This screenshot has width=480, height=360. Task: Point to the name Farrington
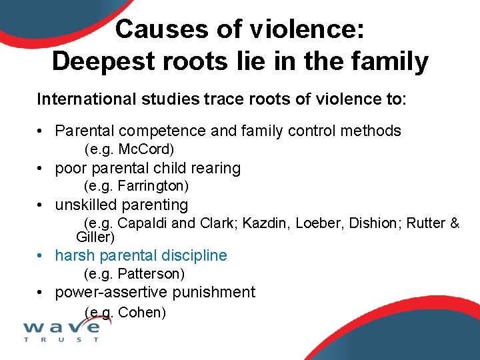tap(153, 185)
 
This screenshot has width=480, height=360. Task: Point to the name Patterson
tap(150, 274)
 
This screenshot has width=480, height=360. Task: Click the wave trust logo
tap(61, 330)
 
